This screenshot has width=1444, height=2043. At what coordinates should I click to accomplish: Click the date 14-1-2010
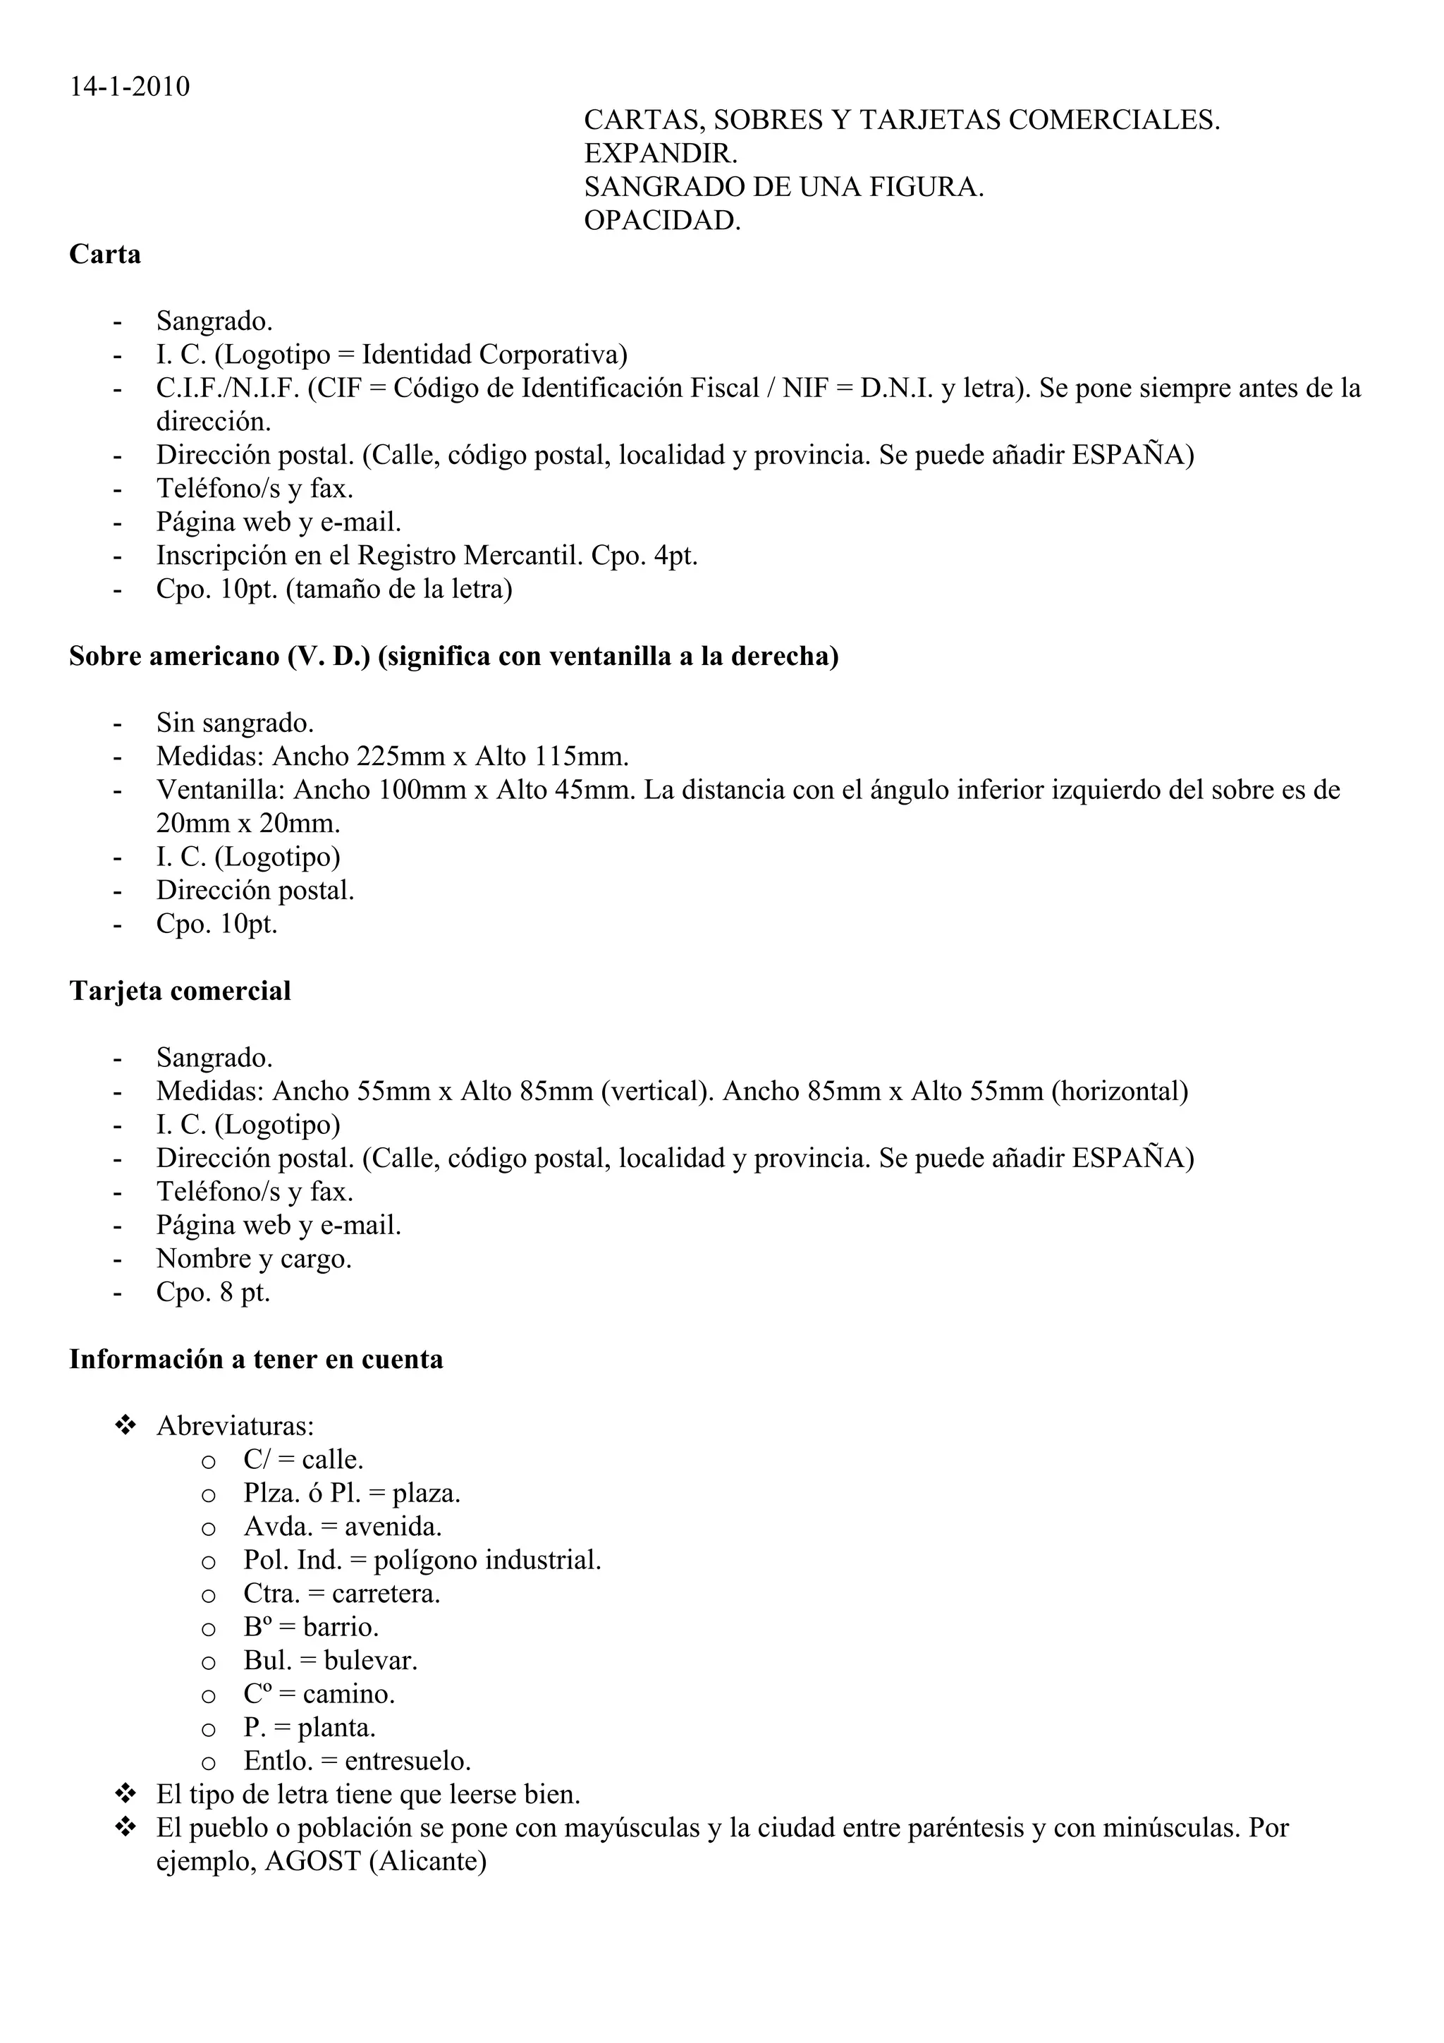pyautogui.click(x=130, y=87)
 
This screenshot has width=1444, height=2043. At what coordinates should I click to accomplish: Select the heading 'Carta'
pyautogui.click(x=105, y=255)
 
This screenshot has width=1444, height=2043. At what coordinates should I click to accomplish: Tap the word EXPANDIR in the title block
pyautogui.click(x=660, y=154)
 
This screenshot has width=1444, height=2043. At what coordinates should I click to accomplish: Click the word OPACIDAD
pyautogui.click(x=662, y=221)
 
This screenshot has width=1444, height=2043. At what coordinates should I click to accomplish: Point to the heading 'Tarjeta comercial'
pyautogui.click(x=180, y=992)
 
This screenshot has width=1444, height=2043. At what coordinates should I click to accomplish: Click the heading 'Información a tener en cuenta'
pyautogui.click(x=256, y=1360)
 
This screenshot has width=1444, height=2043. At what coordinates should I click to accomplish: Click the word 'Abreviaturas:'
pyautogui.click(x=235, y=1427)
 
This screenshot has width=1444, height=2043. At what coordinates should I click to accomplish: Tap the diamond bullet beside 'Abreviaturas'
pyautogui.click(x=125, y=1425)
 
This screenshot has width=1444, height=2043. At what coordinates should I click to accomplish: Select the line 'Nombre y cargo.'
pyautogui.click(x=254, y=1259)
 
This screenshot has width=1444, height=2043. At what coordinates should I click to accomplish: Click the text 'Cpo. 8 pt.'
pyautogui.click(x=213, y=1292)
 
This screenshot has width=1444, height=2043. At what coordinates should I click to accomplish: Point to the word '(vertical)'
pyautogui.click(x=656, y=1092)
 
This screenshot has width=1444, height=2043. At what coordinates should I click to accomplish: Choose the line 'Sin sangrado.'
pyautogui.click(x=235, y=724)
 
